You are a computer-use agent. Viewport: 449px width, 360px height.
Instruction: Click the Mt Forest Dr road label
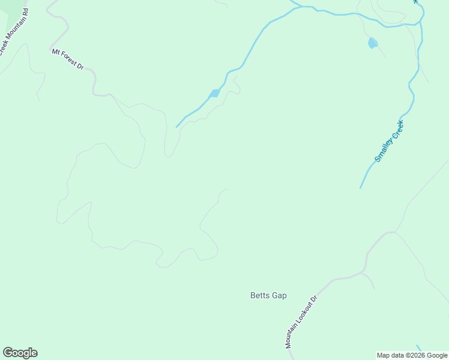point(67,59)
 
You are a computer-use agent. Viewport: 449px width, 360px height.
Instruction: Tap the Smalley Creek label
point(390,142)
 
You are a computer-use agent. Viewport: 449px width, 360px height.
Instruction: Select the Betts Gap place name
point(268,295)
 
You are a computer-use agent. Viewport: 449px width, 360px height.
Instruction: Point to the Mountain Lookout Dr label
point(301,322)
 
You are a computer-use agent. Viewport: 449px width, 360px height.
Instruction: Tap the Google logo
point(20,353)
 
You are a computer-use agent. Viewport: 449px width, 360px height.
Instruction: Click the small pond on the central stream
point(214,94)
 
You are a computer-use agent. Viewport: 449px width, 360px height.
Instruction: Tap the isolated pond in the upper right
point(373,43)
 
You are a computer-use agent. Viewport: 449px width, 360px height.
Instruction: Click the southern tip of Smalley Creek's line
point(360,188)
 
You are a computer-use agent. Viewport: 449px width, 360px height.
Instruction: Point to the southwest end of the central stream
point(176,127)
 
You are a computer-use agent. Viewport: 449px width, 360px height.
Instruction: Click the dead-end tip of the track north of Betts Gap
point(229,190)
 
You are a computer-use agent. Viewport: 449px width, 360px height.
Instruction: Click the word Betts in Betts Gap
point(259,295)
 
